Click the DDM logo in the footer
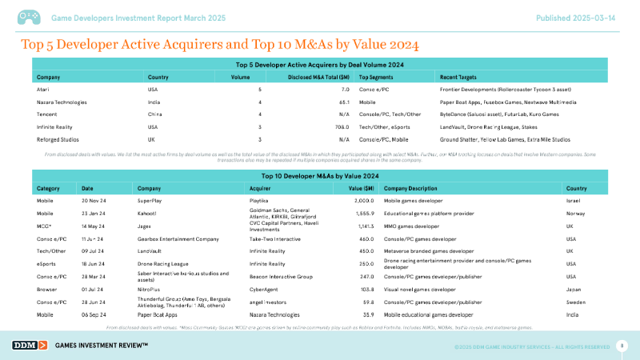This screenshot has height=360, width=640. (30, 345)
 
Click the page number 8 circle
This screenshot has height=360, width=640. (622, 345)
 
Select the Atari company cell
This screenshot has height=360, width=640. (44, 90)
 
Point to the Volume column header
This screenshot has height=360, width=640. (241, 77)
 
